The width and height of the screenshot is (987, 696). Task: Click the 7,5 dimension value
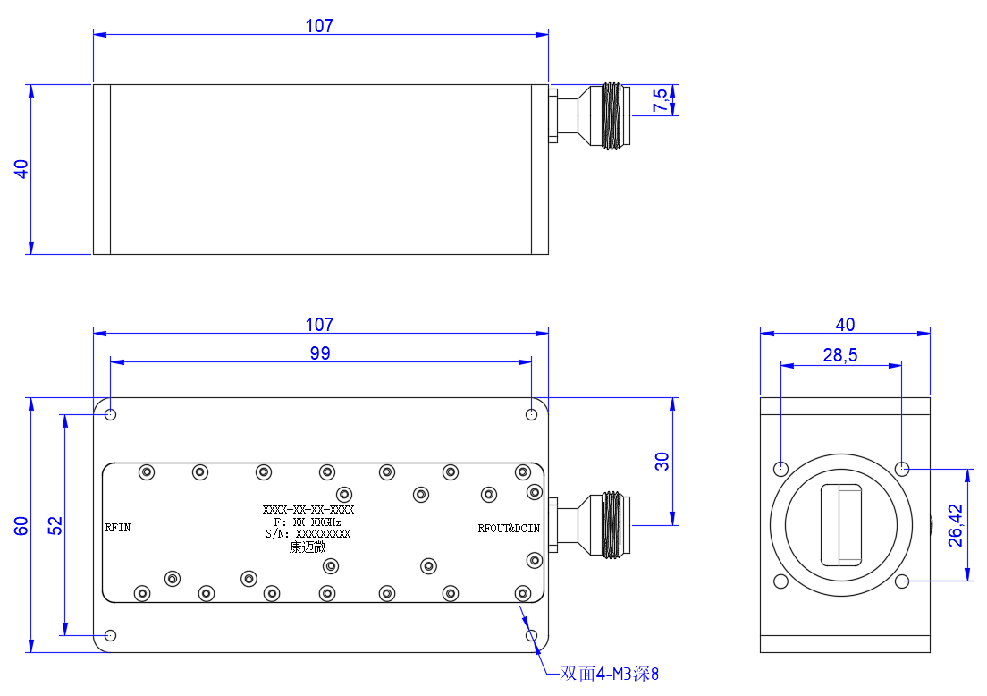[x=660, y=100]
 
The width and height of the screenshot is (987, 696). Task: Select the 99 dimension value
[x=320, y=352]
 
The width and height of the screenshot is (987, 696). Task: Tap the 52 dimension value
[x=55, y=525]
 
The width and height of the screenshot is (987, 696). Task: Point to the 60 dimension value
[x=21, y=525]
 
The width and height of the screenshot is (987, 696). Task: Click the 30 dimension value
[x=662, y=461]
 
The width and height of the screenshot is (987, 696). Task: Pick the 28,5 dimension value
[x=840, y=355]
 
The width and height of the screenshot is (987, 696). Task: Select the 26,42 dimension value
[x=956, y=525]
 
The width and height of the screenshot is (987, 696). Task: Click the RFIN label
[x=118, y=528]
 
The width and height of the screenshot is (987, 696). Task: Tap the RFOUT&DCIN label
[x=509, y=529]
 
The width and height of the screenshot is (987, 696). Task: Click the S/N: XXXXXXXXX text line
[x=308, y=534]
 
